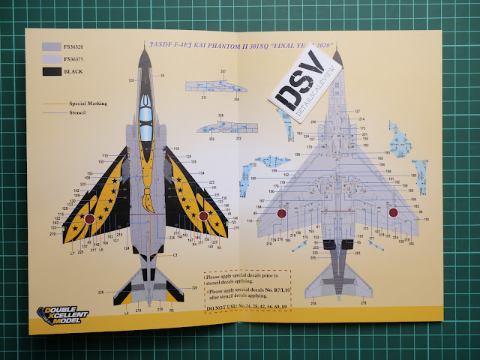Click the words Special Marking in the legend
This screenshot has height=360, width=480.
tap(91, 100)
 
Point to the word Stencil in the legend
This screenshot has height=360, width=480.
tap(79, 111)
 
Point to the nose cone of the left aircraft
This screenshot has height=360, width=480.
tap(146, 54)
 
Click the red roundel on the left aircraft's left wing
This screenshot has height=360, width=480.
tap(88, 219)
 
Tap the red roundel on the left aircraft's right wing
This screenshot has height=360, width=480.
tap(203, 216)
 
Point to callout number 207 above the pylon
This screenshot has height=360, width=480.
tap(223, 72)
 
